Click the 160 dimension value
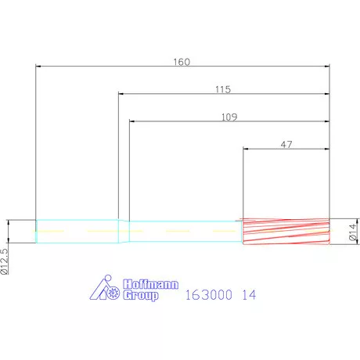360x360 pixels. pos(182,61)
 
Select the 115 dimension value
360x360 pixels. pos(222,89)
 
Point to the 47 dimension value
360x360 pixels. pos(286,143)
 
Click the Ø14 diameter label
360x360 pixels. pos(353,232)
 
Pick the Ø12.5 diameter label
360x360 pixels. pos(5,259)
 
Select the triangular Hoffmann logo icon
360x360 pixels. pos(106,290)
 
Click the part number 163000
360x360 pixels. pos(208,296)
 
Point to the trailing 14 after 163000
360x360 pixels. pos(249,296)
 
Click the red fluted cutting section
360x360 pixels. pos(286,232)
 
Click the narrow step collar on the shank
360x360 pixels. pos(124,232)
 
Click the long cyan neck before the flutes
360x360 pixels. pos(184,232)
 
